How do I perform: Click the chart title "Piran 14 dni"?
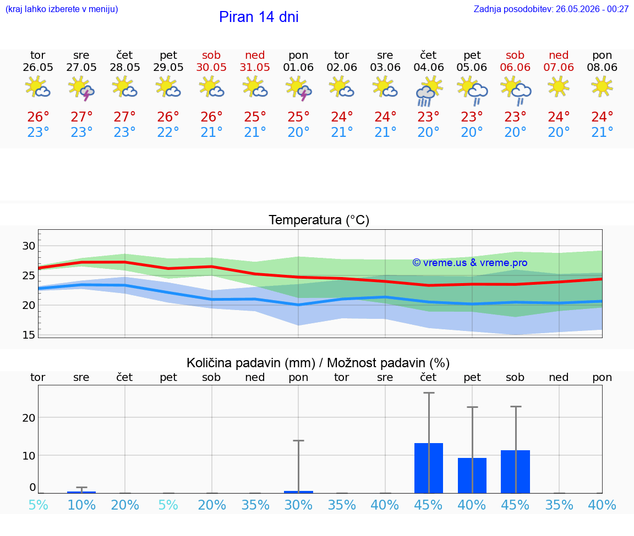click(259, 17)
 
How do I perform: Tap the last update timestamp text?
click(551, 9)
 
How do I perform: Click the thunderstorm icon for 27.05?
click(81, 88)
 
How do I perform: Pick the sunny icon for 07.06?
click(559, 87)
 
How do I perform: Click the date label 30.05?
click(211, 67)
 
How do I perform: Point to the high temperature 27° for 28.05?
click(124, 117)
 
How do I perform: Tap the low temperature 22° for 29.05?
click(168, 132)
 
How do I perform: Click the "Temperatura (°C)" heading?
click(319, 220)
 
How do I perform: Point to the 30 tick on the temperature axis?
click(29, 246)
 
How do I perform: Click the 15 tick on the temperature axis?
click(29, 335)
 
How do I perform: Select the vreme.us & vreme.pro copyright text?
click(470, 263)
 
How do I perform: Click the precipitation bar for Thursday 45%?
click(429, 468)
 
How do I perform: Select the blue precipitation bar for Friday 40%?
click(472, 476)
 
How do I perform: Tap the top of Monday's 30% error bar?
click(298, 441)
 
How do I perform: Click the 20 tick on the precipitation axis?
click(29, 418)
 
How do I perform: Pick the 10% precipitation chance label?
click(81, 505)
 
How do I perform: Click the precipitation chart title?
click(318, 363)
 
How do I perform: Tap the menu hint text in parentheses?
click(62, 9)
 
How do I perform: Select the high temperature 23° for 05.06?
click(472, 117)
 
